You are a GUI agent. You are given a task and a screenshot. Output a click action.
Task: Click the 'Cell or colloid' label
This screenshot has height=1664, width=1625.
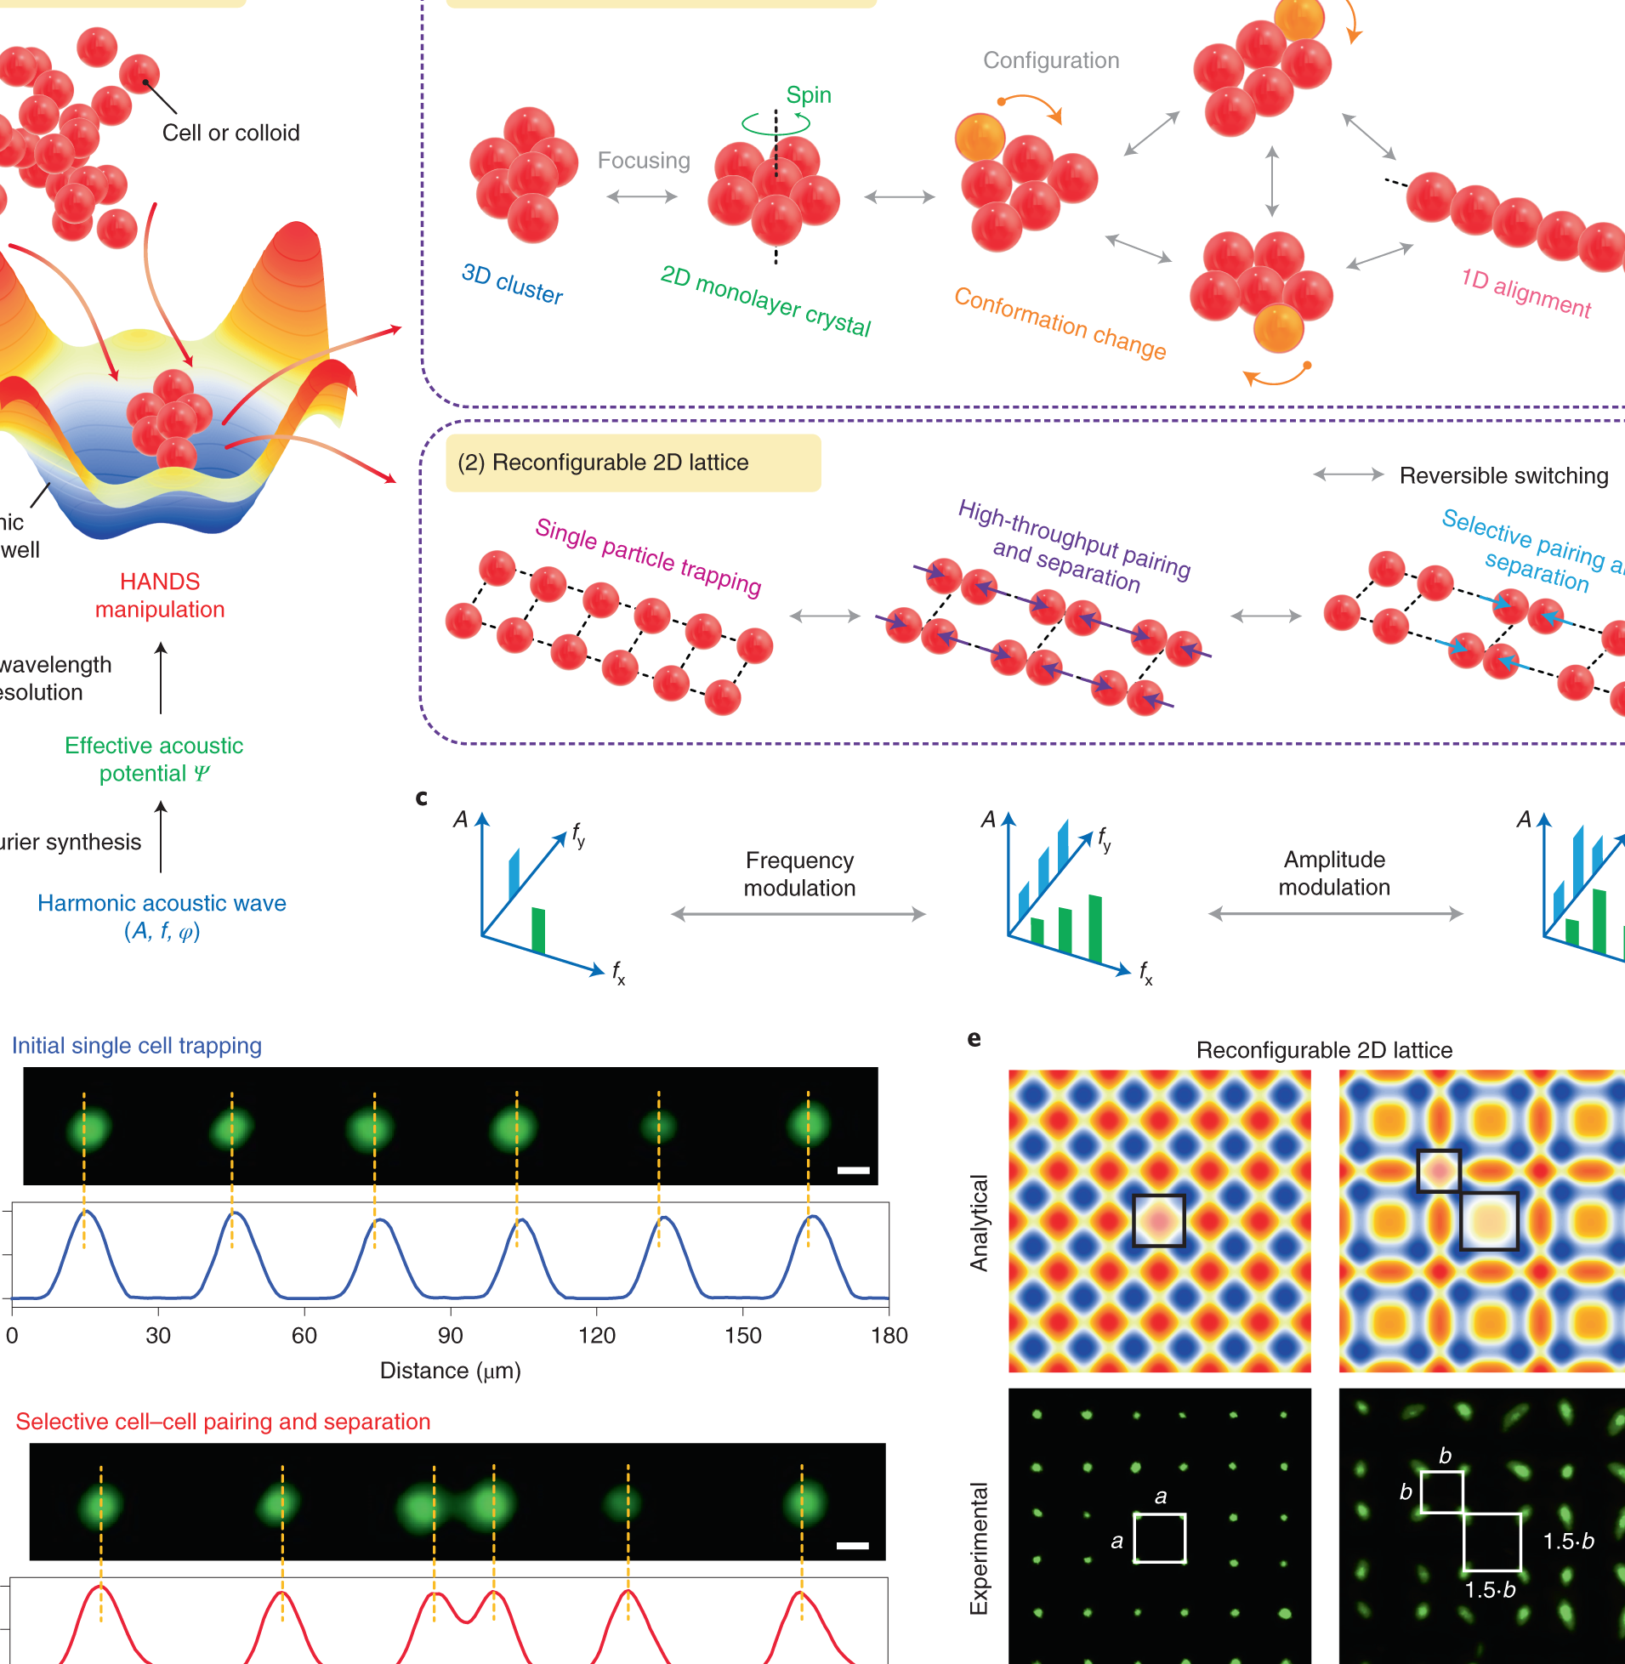pyautogui.click(x=230, y=133)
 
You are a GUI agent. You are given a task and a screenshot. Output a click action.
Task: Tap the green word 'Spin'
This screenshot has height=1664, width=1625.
pyautogui.click(x=808, y=94)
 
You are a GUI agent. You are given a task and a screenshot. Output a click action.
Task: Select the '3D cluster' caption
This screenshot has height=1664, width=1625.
pyautogui.click(x=512, y=283)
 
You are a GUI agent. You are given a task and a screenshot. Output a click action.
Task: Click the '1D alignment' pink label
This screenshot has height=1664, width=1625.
pyautogui.click(x=1526, y=292)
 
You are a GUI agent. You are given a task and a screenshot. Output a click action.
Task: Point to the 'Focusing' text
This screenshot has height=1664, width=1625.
pyautogui.click(x=644, y=161)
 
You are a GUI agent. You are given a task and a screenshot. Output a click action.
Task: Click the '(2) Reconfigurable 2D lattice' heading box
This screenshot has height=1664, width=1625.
pyautogui.click(x=633, y=463)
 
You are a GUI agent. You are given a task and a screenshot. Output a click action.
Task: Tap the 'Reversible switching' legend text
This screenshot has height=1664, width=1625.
pyautogui.click(x=1503, y=475)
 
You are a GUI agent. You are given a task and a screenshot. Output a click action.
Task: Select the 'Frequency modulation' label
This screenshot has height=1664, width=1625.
pyautogui.click(x=798, y=874)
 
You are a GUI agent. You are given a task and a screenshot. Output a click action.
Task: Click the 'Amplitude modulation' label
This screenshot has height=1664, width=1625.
pyautogui.click(x=1334, y=873)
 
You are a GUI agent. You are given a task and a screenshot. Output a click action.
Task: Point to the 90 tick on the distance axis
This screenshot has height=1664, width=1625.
pyautogui.click(x=451, y=1336)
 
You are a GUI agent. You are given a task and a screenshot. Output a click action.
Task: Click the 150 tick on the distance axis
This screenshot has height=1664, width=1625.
pyautogui.click(x=742, y=1336)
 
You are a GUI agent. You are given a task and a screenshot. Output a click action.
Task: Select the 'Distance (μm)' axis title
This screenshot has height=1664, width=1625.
pyautogui.click(x=450, y=1371)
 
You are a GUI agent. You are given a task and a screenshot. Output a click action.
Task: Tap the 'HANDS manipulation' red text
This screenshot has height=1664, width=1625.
pyautogui.click(x=160, y=596)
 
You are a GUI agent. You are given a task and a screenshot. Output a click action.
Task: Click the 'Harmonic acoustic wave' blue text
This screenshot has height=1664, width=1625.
pyautogui.click(x=162, y=903)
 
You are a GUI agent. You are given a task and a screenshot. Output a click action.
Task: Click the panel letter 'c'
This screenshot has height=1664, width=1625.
pyautogui.click(x=421, y=797)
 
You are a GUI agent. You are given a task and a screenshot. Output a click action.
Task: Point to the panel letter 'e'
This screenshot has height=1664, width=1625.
pyautogui.click(x=974, y=1038)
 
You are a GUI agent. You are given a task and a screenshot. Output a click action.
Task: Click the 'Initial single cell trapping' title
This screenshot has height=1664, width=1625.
pyautogui.click(x=137, y=1045)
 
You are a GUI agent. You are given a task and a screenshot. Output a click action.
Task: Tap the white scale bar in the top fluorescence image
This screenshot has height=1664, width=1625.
pyautogui.click(x=853, y=1170)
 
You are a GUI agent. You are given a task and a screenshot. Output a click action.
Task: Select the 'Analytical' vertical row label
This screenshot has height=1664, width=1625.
pyautogui.click(x=979, y=1222)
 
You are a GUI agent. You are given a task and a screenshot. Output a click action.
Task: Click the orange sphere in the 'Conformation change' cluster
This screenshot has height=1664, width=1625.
pyautogui.click(x=980, y=138)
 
